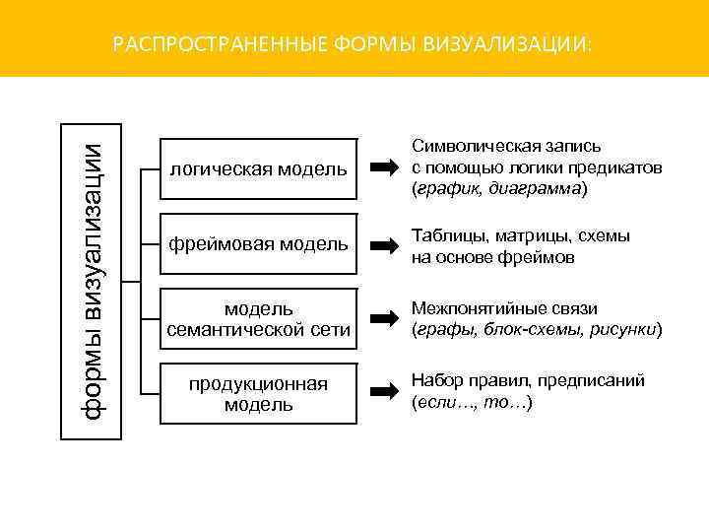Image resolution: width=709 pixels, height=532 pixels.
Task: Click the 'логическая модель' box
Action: tap(258, 169)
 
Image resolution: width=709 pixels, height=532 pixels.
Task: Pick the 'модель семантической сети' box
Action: tap(258, 319)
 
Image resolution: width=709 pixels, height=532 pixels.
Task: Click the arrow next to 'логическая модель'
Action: tap(383, 169)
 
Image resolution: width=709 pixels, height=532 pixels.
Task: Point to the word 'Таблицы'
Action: tap(444, 236)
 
